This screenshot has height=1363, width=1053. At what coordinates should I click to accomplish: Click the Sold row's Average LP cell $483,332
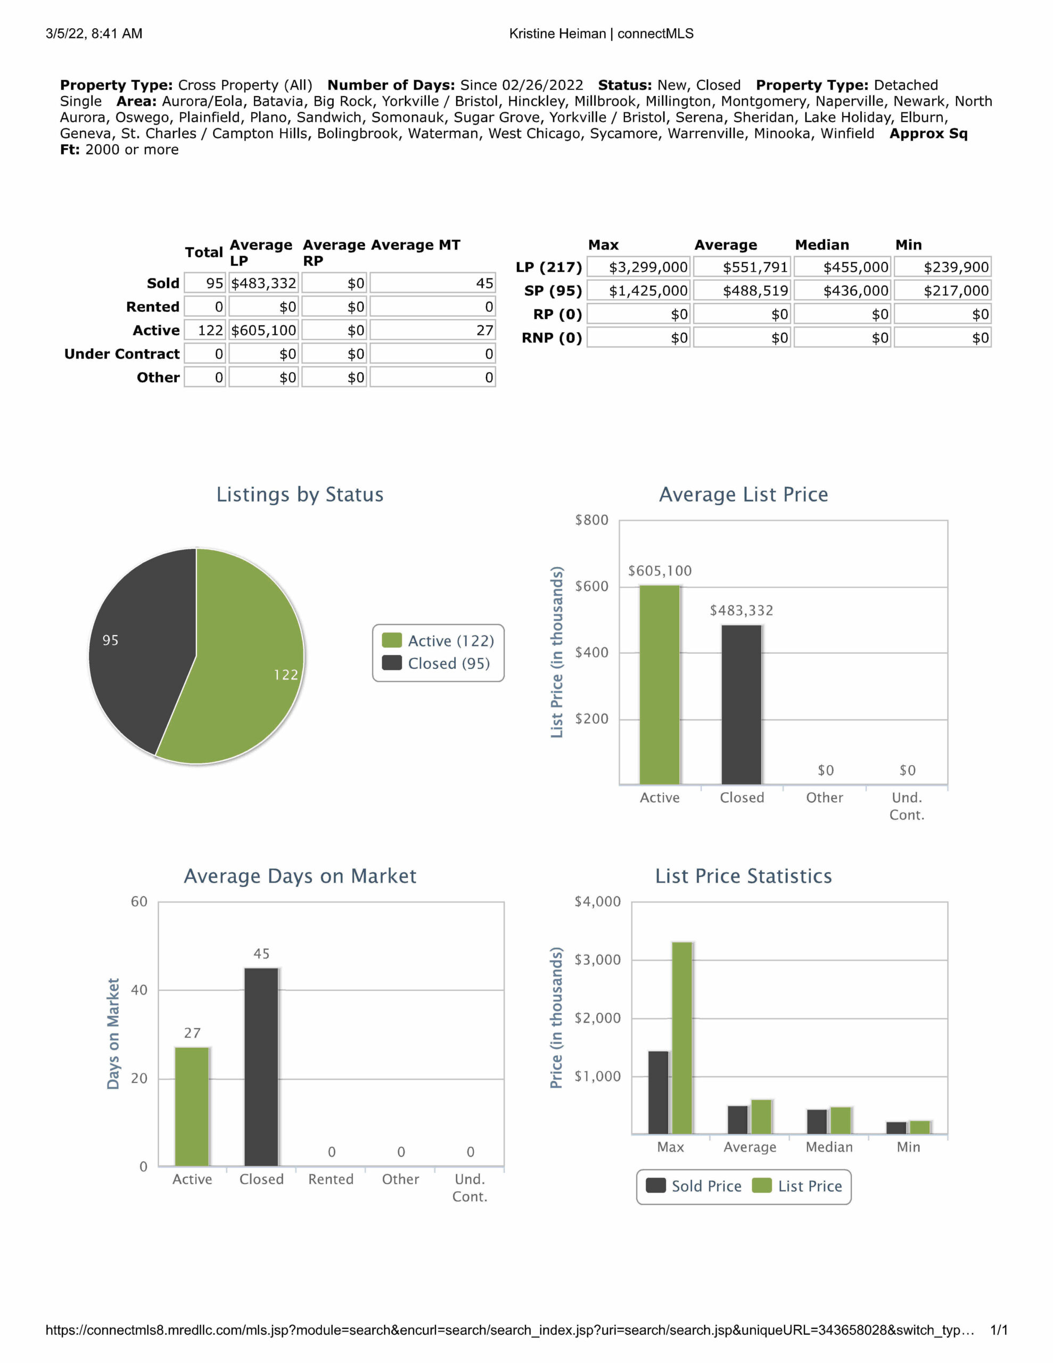[264, 283]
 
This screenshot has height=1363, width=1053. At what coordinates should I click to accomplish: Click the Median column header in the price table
[821, 244]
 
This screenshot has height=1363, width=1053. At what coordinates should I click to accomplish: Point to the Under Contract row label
[122, 354]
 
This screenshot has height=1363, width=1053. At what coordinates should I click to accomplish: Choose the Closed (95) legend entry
[437, 663]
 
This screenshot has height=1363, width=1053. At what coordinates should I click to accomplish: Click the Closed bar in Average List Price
[742, 704]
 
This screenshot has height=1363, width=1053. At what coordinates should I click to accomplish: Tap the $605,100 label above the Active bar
[660, 571]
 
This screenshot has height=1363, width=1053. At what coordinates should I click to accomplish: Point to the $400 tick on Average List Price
[591, 653]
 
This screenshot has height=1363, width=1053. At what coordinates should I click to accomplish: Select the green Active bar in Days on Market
[192, 1106]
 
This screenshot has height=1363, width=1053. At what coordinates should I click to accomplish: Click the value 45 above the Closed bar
[261, 954]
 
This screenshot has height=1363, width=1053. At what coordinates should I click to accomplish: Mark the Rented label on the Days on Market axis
[331, 1179]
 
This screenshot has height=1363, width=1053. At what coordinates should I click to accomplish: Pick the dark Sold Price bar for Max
[659, 1092]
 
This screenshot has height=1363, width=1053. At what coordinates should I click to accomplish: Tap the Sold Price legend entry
[694, 1186]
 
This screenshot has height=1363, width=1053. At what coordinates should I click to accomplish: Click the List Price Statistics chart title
[743, 876]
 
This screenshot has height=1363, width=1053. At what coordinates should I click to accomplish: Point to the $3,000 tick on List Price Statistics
[597, 960]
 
